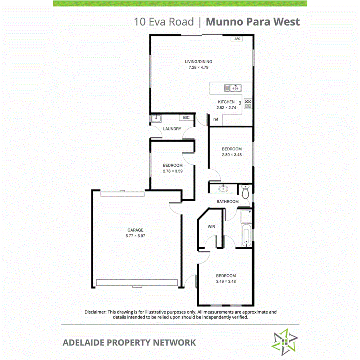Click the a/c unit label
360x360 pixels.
237,38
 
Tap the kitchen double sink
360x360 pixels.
232,88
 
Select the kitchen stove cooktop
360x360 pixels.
248,104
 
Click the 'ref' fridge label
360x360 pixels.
215,119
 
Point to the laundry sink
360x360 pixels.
156,118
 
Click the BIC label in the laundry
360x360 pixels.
186,118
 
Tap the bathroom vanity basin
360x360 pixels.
222,189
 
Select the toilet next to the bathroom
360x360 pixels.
245,190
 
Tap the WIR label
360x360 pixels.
211,226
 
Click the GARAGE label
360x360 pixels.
135,230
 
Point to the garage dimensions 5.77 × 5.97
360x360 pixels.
135,236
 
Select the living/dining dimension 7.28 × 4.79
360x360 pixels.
199,68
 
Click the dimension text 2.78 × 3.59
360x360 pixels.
172,171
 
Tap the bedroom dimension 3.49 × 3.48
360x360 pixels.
226,282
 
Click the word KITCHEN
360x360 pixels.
226,102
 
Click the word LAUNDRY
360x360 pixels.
172,129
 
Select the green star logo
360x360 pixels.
284,342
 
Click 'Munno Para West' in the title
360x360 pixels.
252,22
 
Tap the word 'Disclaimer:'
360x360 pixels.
95,312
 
